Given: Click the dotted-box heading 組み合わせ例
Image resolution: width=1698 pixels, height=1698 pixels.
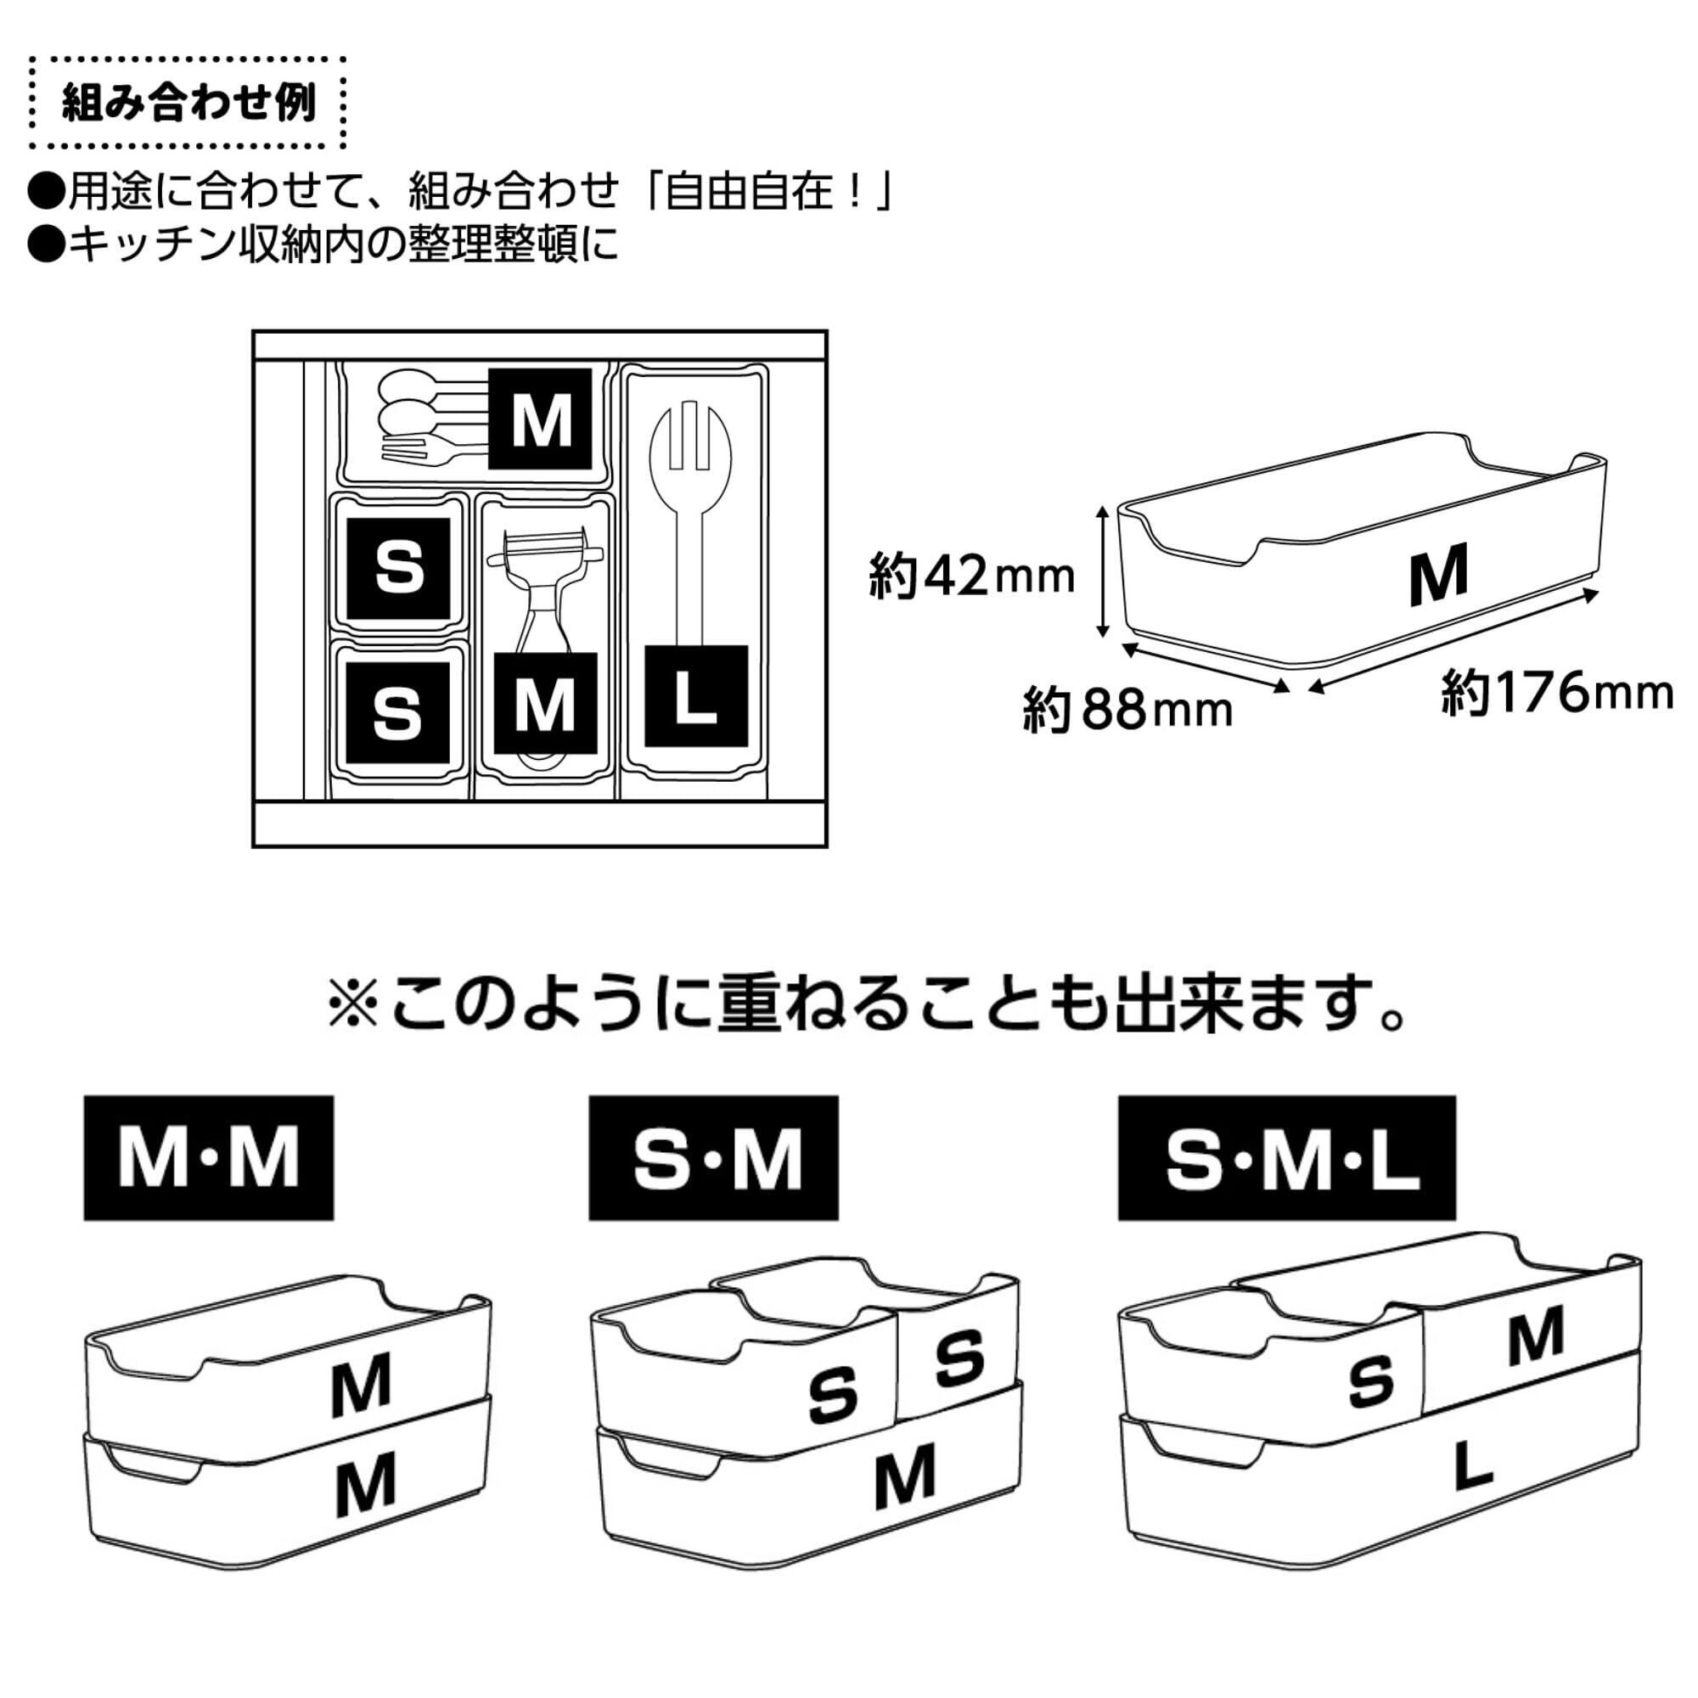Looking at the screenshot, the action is (x=189, y=104).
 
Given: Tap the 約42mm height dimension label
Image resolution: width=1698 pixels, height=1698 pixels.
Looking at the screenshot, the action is (x=972, y=576).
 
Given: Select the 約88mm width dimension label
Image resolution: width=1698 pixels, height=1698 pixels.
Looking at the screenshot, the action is (x=1127, y=710).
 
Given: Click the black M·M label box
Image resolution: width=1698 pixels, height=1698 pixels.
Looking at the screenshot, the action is (x=209, y=1157).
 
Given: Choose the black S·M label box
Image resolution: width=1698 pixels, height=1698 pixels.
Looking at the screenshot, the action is (x=714, y=1157).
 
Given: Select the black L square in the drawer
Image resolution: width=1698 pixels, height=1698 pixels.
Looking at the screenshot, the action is (x=696, y=696).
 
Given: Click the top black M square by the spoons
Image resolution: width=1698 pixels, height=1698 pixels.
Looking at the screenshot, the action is (x=540, y=419).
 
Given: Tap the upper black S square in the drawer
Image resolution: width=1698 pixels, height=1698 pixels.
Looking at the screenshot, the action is (x=399, y=569).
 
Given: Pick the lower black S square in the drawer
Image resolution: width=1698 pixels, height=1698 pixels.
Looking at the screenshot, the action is (x=398, y=713).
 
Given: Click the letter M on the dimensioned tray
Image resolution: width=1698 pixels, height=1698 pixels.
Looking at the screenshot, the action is (x=1439, y=575).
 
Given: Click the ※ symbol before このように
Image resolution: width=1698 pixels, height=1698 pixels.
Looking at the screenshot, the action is (x=353, y=1004).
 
